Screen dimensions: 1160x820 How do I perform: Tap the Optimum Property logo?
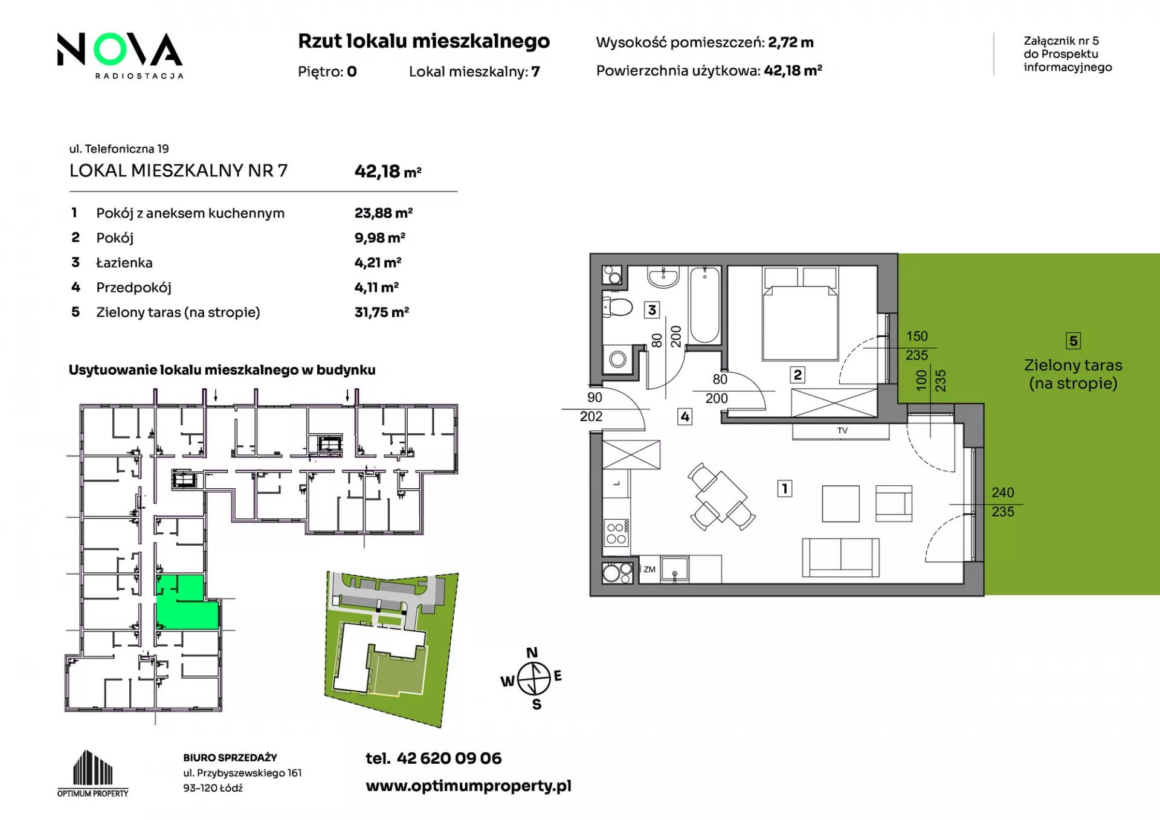pyautogui.click(x=93, y=773)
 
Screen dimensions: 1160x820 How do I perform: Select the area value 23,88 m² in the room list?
pyautogui.click(x=384, y=213)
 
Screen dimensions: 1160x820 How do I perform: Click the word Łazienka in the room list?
pyautogui.click(x=124, y=263)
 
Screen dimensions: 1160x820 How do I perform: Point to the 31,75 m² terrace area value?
pyautogui.click(x=382, y=312)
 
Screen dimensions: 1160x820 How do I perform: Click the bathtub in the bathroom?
pyautogui.click(x=704, y=305)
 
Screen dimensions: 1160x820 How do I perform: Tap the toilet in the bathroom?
pyautogui.click(x=617, y=307)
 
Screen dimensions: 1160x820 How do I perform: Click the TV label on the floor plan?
pyautogui.click(x=842, y=431)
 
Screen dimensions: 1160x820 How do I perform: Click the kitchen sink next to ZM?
pyautogui.click(x=675, y=569)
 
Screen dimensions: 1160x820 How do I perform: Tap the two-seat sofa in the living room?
pyautogui.click(x=840, y=557)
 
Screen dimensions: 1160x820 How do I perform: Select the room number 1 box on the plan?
pyautogui.click(x=785, y=488)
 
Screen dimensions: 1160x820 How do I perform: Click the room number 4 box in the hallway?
pyautogui.click(x=685, y=416)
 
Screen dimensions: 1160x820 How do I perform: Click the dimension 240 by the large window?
pyautogui.click(x=1003, y=492)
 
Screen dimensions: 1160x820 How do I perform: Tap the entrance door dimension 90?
pyautogui.click(x=594, y=398)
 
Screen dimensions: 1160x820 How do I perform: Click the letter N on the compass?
pyautogui.click(x=532, y=653)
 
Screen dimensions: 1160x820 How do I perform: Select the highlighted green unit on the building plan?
pyautogui.click(x=187, y=602)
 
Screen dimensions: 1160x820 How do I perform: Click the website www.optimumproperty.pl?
pyautogui.click(x=468, y=786)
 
